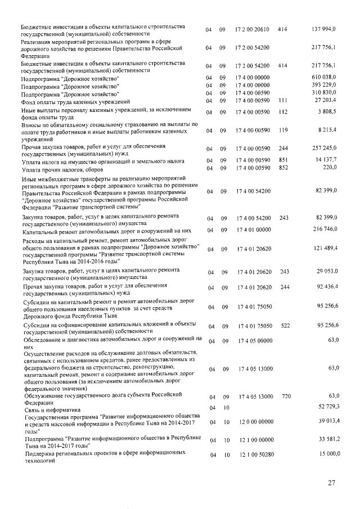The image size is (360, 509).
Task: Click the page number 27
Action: click(x=331, y=482)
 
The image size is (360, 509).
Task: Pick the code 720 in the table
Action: click(x=286, y=397)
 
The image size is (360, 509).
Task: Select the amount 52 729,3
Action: click(x=327, y=406)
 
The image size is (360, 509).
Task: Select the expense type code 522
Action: click(x=286, y=326)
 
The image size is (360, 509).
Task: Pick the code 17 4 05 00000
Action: click(x=254, y=340)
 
